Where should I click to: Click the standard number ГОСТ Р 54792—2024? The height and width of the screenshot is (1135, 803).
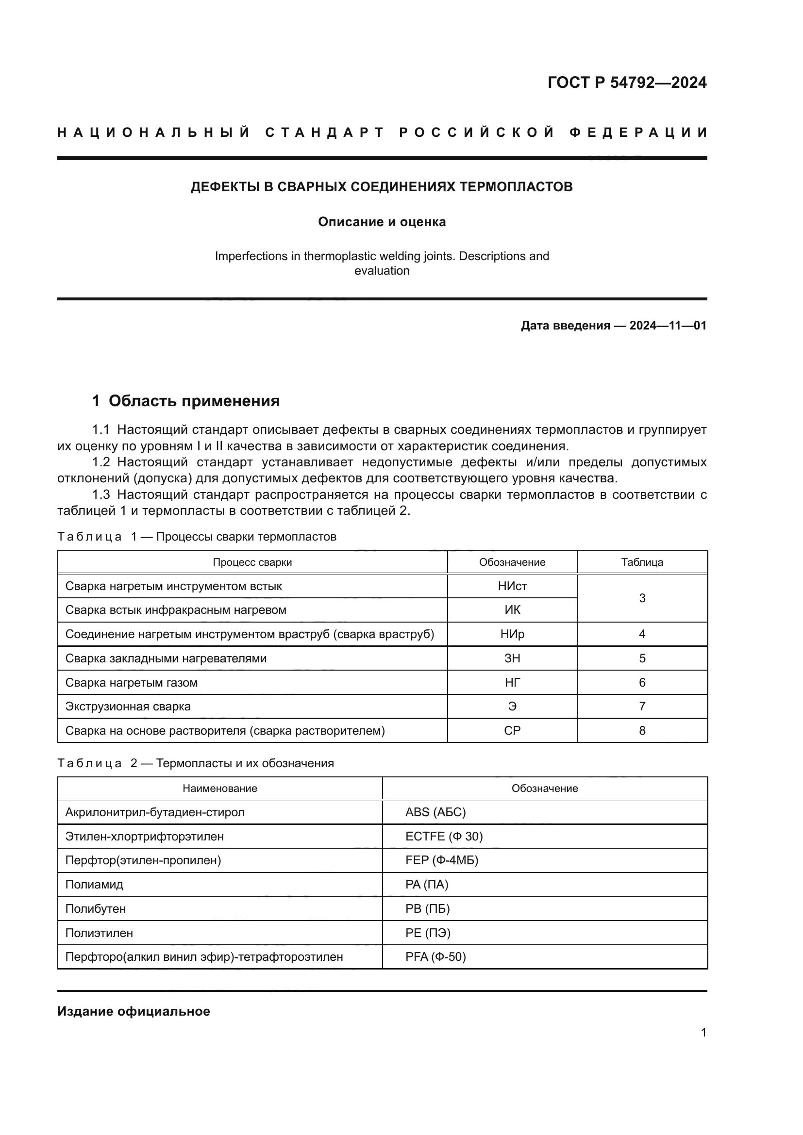(x=626, y=82)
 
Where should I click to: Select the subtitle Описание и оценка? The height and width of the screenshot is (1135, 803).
(x=382, y=222)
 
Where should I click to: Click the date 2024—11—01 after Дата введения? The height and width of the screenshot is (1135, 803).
(x=668, y=325)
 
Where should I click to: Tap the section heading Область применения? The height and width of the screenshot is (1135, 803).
(x=194, y=401)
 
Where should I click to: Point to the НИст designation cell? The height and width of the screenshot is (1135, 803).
(x=512, y=586)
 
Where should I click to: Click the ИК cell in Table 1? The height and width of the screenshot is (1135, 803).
(x=512, y=610)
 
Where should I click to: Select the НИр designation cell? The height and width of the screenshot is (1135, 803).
(x=512, y=634)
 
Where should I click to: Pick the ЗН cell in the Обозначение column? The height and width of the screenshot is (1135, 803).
(x=512, y=658)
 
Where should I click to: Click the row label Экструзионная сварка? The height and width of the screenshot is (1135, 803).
(x=128, y=707)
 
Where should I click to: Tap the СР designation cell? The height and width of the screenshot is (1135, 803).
(x=512, y=731)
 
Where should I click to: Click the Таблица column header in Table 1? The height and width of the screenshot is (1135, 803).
(x=642, y=562)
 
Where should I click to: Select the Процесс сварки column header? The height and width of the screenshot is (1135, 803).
(x=252, y=562)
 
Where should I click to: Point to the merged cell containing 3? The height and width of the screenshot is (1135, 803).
(x=642, y=598)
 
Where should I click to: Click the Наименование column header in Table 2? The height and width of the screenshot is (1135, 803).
(x=219, y=789)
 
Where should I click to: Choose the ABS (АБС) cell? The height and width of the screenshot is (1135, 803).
(x=435, y=812)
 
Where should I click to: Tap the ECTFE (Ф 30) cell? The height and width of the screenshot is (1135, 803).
(x=444, y=837)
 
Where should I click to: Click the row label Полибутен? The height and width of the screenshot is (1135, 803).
(x=96, y=908)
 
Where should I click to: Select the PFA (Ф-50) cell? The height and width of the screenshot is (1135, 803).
(x=435, y=956)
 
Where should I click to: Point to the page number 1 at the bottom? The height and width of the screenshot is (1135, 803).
(x=703, y=1033)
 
